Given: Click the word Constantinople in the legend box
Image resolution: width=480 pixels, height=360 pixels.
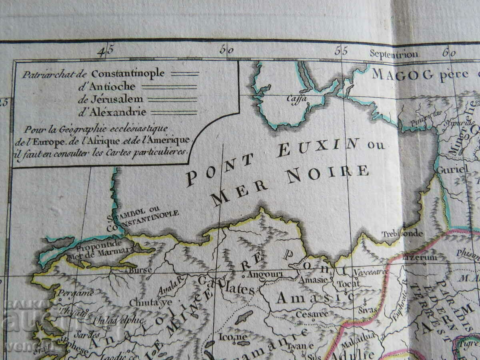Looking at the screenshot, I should (x=128, y=73).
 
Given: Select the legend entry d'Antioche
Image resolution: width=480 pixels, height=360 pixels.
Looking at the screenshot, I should (x=107, y=86).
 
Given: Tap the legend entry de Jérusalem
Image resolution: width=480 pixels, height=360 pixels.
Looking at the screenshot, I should (x=110, y=99).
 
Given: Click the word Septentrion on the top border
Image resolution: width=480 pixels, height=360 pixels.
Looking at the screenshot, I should (x=394, y=54).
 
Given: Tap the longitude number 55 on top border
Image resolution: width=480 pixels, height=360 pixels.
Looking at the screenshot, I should (x=341, y=51).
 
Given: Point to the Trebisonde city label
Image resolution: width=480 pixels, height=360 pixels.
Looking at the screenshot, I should (x=402, y=234).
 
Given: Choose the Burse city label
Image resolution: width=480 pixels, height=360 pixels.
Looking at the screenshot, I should (x=138, y=270).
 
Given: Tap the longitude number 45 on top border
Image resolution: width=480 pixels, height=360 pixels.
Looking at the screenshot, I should (x=106, y=51).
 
